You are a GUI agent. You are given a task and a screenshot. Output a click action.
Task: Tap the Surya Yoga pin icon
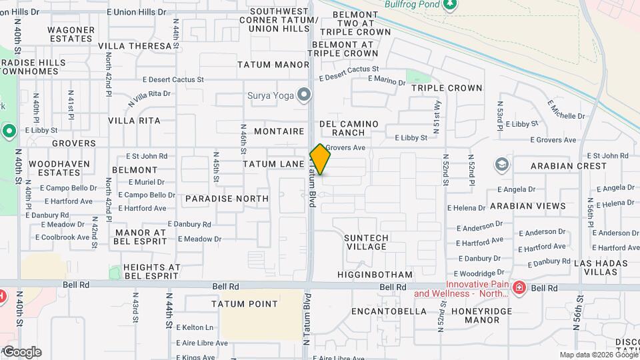tap(305, 95)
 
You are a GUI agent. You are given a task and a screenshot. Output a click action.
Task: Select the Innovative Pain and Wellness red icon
tap(519, 288)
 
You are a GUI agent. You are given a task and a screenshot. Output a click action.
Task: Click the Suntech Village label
tap(365, 242)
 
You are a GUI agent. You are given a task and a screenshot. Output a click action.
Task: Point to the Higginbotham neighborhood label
tap(375, 275)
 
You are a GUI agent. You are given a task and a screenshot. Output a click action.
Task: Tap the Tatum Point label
tap(245, 304)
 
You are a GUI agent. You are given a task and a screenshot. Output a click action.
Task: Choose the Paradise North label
tap(227, 199)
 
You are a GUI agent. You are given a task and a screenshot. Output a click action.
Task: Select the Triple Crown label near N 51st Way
tap(447, 88)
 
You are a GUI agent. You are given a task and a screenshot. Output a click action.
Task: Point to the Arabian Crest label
tap(569, 165)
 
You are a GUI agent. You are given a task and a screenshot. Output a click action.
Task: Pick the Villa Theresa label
tap(135, 46)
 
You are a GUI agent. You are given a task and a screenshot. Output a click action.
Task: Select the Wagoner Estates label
tap(71, 34)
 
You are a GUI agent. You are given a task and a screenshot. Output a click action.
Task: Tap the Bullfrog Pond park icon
tap(451, 4)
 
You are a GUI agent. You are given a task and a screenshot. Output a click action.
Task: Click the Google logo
tap(22, 352)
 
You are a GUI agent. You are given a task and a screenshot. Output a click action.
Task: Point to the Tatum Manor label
tap(273, 65)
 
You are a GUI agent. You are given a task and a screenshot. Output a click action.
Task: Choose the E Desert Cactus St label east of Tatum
tap(349, 69)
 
